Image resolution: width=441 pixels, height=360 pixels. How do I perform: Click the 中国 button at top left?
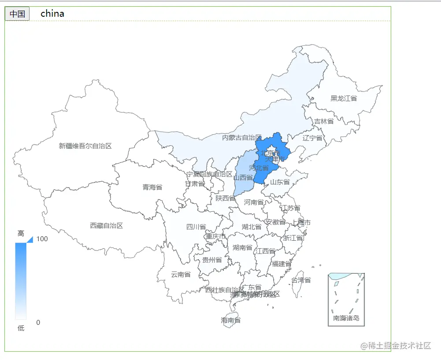coord(17,14)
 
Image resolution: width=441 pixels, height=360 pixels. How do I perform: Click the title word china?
coord(52,14)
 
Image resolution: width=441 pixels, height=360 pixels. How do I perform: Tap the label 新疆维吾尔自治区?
coord(85,146)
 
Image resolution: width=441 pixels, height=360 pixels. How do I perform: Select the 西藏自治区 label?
coord(106,225)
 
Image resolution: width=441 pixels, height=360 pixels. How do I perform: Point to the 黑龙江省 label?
coord(344,98)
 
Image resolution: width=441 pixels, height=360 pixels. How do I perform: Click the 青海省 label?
coord(152,187)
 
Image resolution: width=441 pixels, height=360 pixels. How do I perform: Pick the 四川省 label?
coord(196,227)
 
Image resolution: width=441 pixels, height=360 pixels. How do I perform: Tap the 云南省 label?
coord(181,274)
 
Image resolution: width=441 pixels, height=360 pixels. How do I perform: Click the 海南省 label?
coord(231,320)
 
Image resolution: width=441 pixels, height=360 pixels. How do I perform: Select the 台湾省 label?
coord(301,280)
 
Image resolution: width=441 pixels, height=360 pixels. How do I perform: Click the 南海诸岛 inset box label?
coord(346,318)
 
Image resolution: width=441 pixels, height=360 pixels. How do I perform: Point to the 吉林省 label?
coord(323,121)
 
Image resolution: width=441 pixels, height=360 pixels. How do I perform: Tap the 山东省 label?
coord(280,182)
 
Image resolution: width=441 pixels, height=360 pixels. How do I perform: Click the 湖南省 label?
coord(242,247)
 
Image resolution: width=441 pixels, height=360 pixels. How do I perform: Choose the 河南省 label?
coord(254,202)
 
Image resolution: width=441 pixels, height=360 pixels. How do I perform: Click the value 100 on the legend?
coord(42,239)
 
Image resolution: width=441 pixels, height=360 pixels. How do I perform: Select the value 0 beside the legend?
coord(38,322)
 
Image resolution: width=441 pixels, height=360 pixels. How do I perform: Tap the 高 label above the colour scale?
coord(21,233)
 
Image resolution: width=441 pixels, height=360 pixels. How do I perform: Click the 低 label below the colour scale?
coord(21,328)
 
